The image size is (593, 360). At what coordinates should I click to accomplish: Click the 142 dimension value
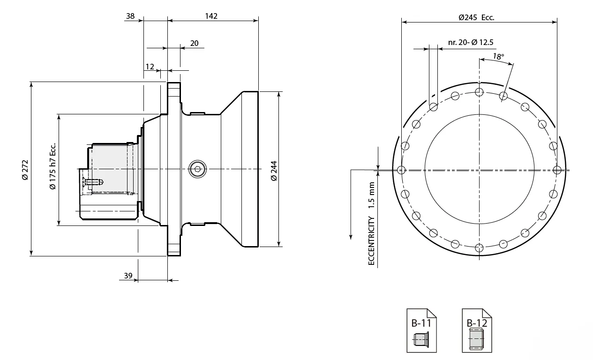[x=211, y=16]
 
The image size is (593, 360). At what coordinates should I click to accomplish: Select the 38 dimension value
[x=130, y=16]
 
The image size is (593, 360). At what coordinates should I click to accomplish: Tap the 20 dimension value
[x=194, y=43]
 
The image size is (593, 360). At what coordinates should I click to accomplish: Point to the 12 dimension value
[x=150, y=67]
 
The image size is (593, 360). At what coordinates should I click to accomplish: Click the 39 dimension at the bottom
[x=128, y=276]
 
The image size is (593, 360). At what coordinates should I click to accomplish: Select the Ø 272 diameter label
[x=25, y=169]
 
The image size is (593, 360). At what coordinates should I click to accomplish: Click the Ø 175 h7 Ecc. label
[x=53, y=166]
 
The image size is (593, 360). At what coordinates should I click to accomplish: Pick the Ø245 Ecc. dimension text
[x=476, y=18]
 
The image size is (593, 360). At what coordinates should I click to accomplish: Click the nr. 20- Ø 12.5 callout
[x=471, y=43]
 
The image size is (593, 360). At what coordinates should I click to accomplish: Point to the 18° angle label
[x=498, y=57]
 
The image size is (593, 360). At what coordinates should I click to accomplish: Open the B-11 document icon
[x=421, y=330]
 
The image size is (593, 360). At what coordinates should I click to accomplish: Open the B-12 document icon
[x=477, y=330]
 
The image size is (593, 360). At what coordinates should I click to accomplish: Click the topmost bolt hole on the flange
[x=479, y=91]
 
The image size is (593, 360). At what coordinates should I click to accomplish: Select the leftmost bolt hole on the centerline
[x=401, y=169]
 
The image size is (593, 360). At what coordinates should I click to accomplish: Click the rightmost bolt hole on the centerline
[x=556, y=169]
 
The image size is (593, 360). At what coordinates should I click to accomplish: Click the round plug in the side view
[x=197, y=169]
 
